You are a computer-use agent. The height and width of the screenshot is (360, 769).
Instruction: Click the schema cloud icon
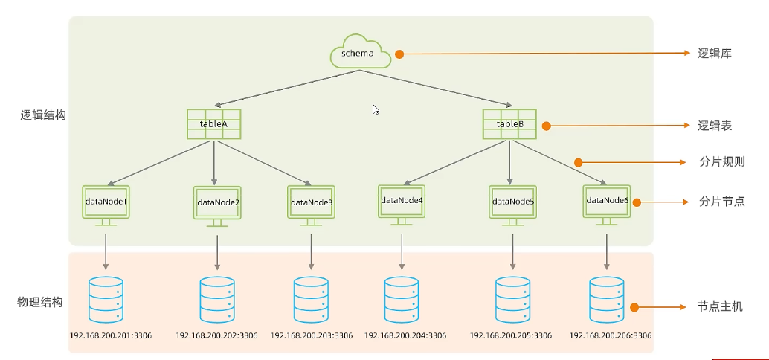pos(361,51)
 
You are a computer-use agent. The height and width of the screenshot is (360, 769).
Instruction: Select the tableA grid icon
pos(214,124)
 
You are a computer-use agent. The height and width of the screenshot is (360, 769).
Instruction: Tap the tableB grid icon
pos(510,124)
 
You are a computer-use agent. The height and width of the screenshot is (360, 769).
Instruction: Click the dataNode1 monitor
pos(106,205)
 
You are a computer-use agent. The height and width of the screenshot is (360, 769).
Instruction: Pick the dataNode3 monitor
pos(311,205)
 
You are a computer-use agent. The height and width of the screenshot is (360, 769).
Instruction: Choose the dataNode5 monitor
pos(512,205)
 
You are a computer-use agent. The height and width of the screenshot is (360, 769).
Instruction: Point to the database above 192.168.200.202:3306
pos(217,299)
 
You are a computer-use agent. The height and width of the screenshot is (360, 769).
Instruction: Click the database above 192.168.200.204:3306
pos(402,299)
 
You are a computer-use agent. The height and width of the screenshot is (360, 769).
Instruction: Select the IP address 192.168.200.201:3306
pos(111,336)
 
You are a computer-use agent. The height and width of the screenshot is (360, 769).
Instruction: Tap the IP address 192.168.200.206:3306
pos(611,336)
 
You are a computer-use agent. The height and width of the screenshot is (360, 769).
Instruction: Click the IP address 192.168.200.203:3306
pos(312,336)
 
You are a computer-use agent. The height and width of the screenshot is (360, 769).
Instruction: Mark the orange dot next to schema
pos(399,54)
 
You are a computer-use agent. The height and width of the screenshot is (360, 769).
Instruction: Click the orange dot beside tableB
pos(547,126)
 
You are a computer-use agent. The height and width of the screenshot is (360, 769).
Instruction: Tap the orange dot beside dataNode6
pos(637,202)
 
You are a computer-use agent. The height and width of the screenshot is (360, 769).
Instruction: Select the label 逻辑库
pos(715,54)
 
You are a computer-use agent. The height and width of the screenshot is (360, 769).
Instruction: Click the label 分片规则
pos(722,162)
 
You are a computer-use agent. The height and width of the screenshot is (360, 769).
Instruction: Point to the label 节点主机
pos(720,307)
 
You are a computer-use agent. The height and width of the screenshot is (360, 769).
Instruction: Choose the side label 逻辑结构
pos(43,116)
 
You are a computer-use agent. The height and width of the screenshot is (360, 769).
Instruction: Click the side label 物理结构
pos(39,302)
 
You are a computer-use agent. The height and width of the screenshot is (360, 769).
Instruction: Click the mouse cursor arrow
pos(376,109)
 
